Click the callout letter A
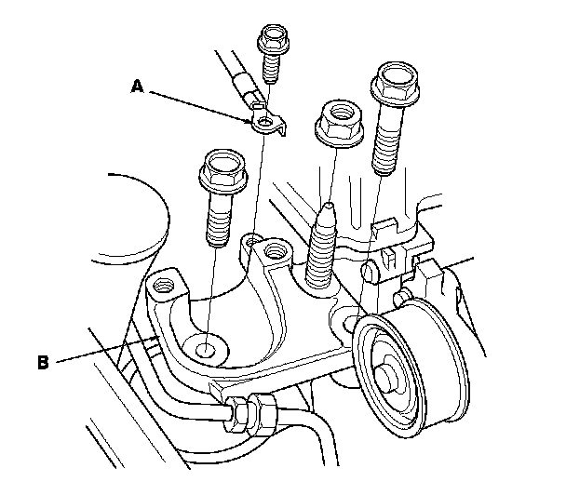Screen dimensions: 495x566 pos(137,87)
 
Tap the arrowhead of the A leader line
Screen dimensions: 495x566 pos(253,120)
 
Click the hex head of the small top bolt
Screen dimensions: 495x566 pos(271,39)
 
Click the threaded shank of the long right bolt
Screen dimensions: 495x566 pos(384,144)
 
